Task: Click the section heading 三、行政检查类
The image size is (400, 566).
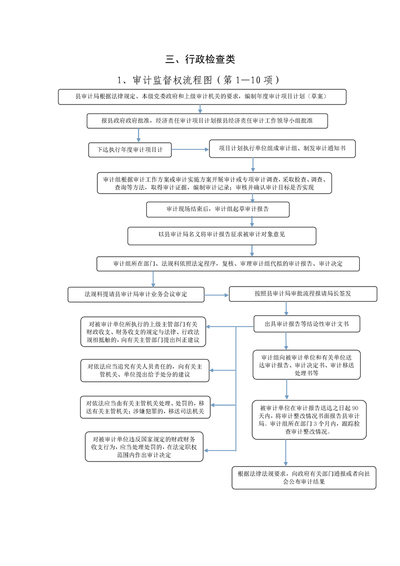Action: pyautogui.click(x=200, y=59)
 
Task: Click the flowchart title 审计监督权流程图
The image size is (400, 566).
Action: pyautogui.click(x=173, y=80)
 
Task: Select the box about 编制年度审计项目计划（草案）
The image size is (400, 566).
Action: pyautogui.click(x=202, y=97)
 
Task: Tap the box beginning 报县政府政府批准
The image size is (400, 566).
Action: pyautogui.click(x=207, y=121)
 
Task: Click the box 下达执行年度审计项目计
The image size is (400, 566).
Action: pyautogui.click(x=130, y=150)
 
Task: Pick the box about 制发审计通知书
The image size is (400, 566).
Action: pyautogui.click(x=282, y=149)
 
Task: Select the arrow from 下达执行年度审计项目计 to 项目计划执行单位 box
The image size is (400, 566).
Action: pyautogui.click(x=190, y=149)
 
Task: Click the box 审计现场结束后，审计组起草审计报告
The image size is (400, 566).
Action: pyautogui.click(x=218, y=209)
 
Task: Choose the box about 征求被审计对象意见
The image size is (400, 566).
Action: pyautogui.click(x=221, y=236)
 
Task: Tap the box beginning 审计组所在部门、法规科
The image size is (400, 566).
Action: pyautogui.click(x=228, y=264)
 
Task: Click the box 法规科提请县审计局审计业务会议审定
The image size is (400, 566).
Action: pyautogui.click(x=136, y=295)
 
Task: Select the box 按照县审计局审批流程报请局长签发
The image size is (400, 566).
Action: pyautogui.click(x=303, y=294)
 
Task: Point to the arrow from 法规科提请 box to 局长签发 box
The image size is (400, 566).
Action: pyautogui.click(x=216, y=295)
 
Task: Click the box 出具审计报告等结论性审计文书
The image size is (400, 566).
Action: pyautogui.click(x=307, y=324)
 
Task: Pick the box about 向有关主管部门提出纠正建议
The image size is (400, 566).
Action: pyautogui.click(x=143, y=332)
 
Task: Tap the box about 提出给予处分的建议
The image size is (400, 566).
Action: pyautogui.click(x=145, y=371)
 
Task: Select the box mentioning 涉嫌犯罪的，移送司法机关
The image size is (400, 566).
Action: pyautogui.click(x=145, y=407)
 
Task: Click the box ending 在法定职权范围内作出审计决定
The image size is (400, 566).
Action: pyautogui.click(x=144, y=447)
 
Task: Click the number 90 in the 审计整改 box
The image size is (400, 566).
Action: pyautogui.click(x=355, y=408)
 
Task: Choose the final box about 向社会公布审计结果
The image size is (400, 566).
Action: pyautogui.click(x=304, y=478)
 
